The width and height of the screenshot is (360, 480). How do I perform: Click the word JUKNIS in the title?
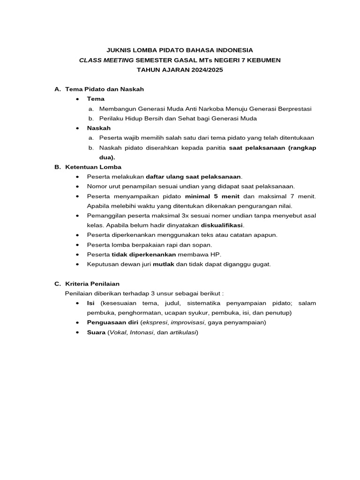pyautogui.click(x=118, y=50)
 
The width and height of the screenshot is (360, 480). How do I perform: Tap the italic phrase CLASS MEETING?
pyautogui.click(x=106, y=60)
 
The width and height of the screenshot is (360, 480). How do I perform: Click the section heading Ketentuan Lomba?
pyautogui.click(x=93, y=167)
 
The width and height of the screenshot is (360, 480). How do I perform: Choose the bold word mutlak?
pyautogui.click(x=163, y=264)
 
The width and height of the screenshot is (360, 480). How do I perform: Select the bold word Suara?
pyautogui.click(x=96, y=332)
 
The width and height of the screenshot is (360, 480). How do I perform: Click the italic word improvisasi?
pyautogui.click(x=188, y=322)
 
